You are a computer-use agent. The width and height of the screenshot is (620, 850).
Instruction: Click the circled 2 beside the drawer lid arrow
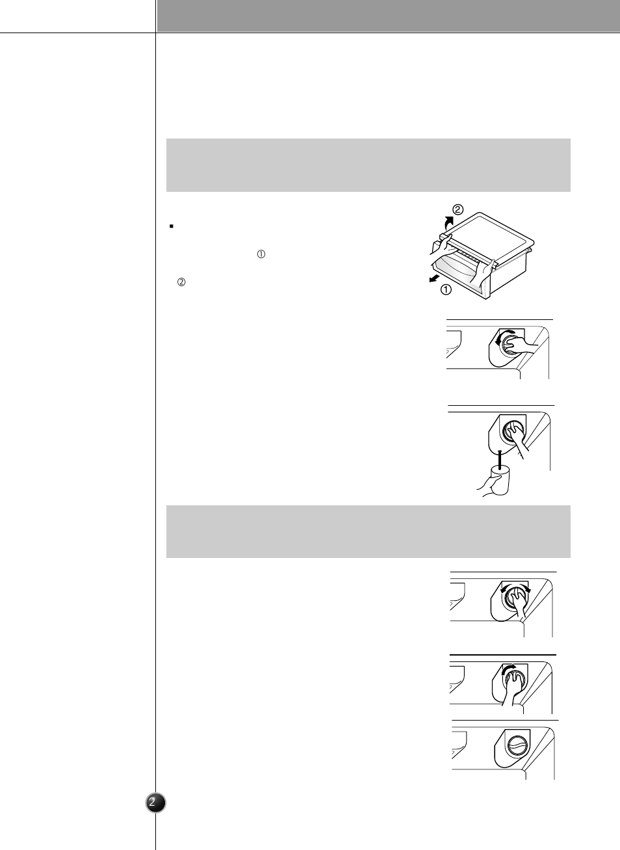coord(458,209)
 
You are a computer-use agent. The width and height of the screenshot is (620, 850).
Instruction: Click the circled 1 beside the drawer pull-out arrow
coord(446,290)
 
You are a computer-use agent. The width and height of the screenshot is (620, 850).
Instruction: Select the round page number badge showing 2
coord(155,803)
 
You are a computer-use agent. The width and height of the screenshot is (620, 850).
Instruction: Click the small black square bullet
coord(172,226)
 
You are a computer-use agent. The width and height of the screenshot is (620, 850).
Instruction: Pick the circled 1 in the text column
coord(261,255)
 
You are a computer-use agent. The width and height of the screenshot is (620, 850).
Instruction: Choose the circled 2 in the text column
coord(181,282)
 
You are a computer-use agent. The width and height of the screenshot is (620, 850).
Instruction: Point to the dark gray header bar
coord(388,16)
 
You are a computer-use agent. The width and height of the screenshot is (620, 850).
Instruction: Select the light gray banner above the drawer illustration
coord(368,165)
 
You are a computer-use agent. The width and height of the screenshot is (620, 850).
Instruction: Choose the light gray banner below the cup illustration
coord(368,531)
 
